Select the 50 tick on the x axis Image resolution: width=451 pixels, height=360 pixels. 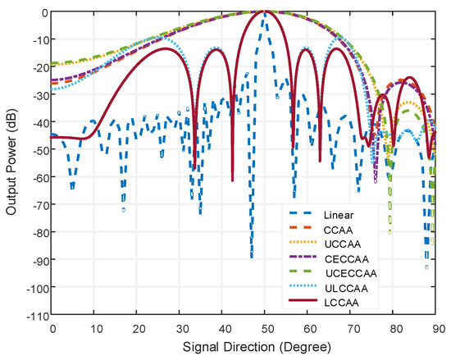click(x=264, y=329)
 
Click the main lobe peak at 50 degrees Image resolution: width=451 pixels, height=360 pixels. click(x=264, y=11)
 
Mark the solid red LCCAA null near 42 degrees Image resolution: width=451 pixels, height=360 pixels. click(x=232, y=180)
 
